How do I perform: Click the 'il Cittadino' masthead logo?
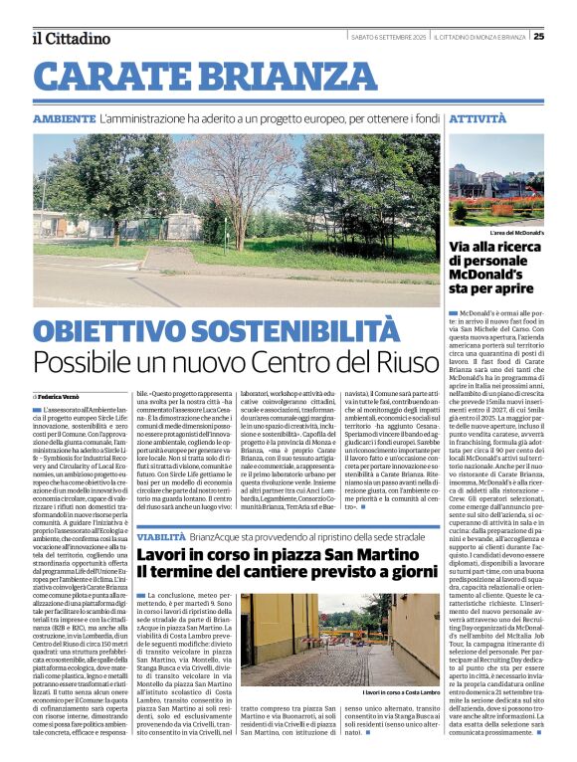point(70,39)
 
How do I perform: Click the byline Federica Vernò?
point(64,397)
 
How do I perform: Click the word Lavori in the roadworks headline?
point(171,554)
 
